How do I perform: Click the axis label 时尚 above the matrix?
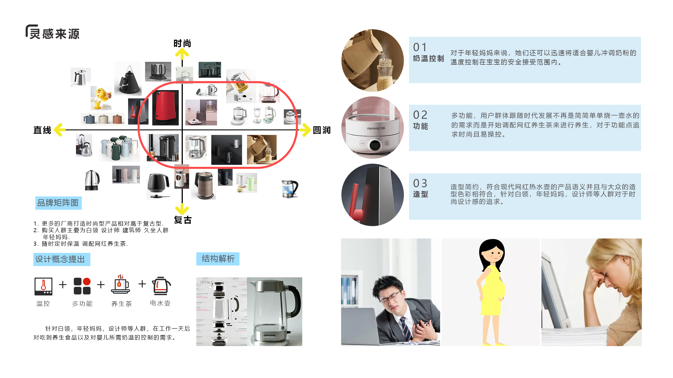[x=182, y=43]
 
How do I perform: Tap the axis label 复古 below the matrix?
[x=183, y=220]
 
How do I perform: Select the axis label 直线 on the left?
[x=42, y=130]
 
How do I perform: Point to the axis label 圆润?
[x=322, y=130]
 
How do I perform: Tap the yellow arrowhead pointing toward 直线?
[x=59, y=130]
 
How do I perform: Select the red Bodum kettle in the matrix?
[x=165, y=108]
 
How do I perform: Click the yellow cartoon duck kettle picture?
[x=101, y=98]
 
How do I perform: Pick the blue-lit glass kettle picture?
[x=290, y=189]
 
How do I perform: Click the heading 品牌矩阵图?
[x=58, y=203]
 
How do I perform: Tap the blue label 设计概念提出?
[x=62, y=259]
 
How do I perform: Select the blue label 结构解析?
[x=218, y=259]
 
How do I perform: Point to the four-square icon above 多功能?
[x=82, y=286]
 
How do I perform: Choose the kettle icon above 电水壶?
[x=161, y=286]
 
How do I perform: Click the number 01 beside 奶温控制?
[x=420, y=47]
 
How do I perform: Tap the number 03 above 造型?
[x=420, y=183]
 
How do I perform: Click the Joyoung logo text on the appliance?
[x=375, y=128]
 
